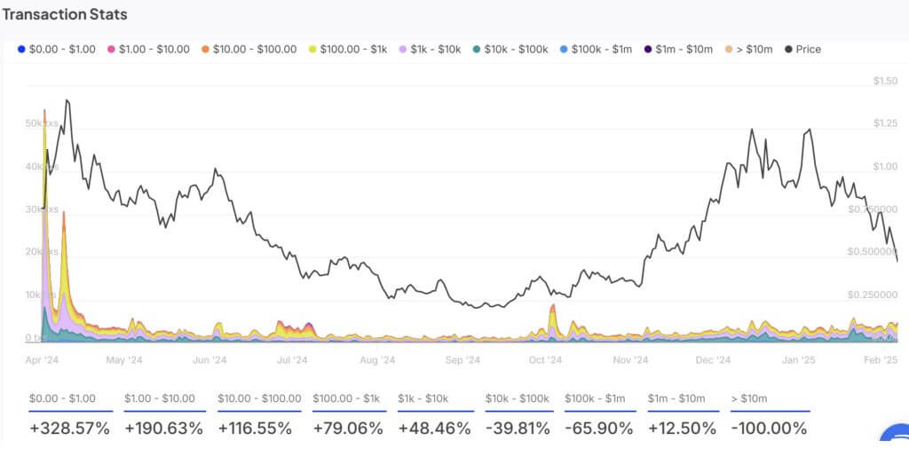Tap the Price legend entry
point(802,49)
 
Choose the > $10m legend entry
point(751,49)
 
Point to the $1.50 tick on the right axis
point(885,82)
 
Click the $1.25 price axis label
point(885,123)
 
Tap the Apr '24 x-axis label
point(42,360)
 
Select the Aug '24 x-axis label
point(377,360)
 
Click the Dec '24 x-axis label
point(713,360)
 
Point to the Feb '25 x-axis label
point(881,360)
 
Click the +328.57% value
point(69,428)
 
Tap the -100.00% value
point(769,428)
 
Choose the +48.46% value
point(432,428)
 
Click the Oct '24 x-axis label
point(544,360)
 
